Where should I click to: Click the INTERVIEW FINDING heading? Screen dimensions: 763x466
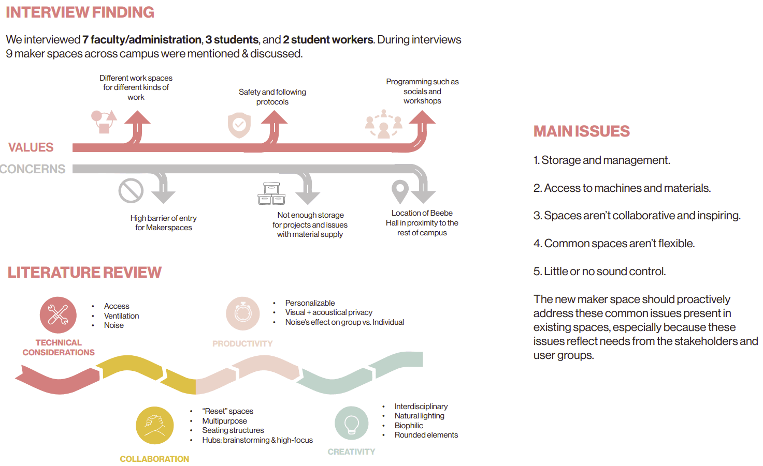[x=80, y=12]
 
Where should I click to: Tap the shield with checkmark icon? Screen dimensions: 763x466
[x=239, y=125]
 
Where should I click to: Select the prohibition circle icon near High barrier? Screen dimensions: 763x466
[x=131, y=190]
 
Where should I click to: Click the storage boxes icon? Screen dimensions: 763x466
[x=271, y=193]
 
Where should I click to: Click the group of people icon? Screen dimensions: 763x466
[x=384, y=124]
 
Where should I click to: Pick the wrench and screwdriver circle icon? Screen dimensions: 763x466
[x=58, y=315]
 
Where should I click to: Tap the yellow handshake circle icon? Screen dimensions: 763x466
[x=155, y=426]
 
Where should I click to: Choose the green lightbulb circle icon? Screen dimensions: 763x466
[x=352, y=423]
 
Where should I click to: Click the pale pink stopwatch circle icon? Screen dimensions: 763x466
[x=243, y=313]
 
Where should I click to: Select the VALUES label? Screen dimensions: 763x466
[x=31, y=147]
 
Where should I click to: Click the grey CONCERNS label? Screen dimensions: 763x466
[x=33, y=169]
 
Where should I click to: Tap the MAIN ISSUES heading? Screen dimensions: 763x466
[x=582, y=131]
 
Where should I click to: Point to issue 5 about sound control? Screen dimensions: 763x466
[x=599, y=272]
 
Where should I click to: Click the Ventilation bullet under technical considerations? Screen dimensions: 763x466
[x=122, y=316]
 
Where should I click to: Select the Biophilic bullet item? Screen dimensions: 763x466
[x=409, y=426]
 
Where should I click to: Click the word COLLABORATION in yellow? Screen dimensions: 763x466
[x=154, y=459]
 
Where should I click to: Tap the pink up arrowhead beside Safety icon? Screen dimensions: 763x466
[x=274, y=117]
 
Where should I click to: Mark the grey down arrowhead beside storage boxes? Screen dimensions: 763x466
[x=308, y=198]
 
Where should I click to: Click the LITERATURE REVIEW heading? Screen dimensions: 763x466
[x=84, y=273]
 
